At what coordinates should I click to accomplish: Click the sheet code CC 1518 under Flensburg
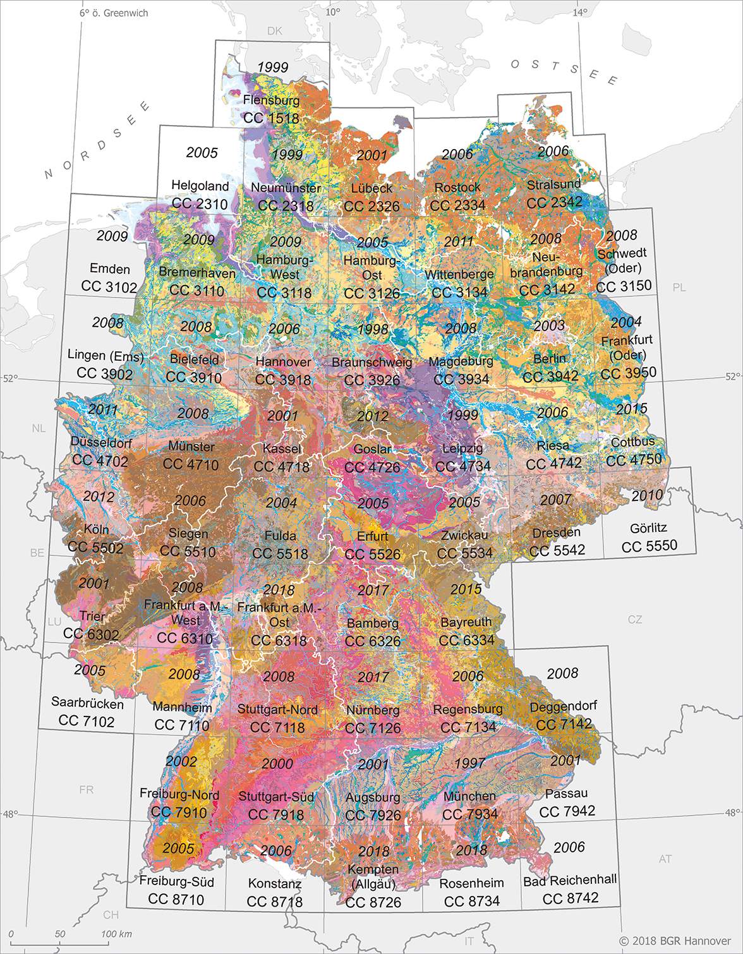271,118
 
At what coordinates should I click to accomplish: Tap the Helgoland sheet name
200,186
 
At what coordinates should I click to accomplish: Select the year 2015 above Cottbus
631,409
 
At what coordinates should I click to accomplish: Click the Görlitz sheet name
648,528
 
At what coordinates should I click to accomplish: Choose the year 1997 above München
469,763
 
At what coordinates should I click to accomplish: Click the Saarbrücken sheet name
87,703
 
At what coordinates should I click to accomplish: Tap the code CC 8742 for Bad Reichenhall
570,898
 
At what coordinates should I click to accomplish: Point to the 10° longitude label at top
332,11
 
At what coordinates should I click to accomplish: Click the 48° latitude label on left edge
9,814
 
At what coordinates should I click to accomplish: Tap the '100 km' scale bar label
116,934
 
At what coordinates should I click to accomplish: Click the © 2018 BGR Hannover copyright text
674,941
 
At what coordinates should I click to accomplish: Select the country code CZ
635,620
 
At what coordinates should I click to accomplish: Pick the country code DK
275,31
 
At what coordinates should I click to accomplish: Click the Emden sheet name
110,269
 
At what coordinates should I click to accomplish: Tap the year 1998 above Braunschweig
372,329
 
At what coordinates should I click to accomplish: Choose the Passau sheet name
566,793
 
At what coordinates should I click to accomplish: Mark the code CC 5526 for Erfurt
372,554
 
